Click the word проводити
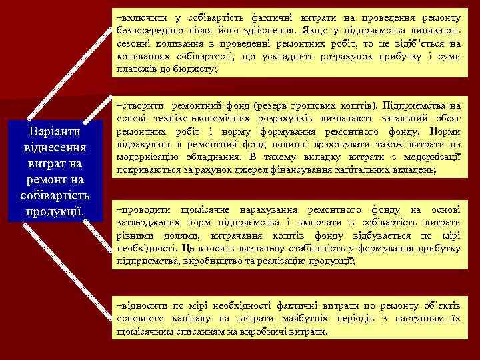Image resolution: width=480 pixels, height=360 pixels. coord(142,209)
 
